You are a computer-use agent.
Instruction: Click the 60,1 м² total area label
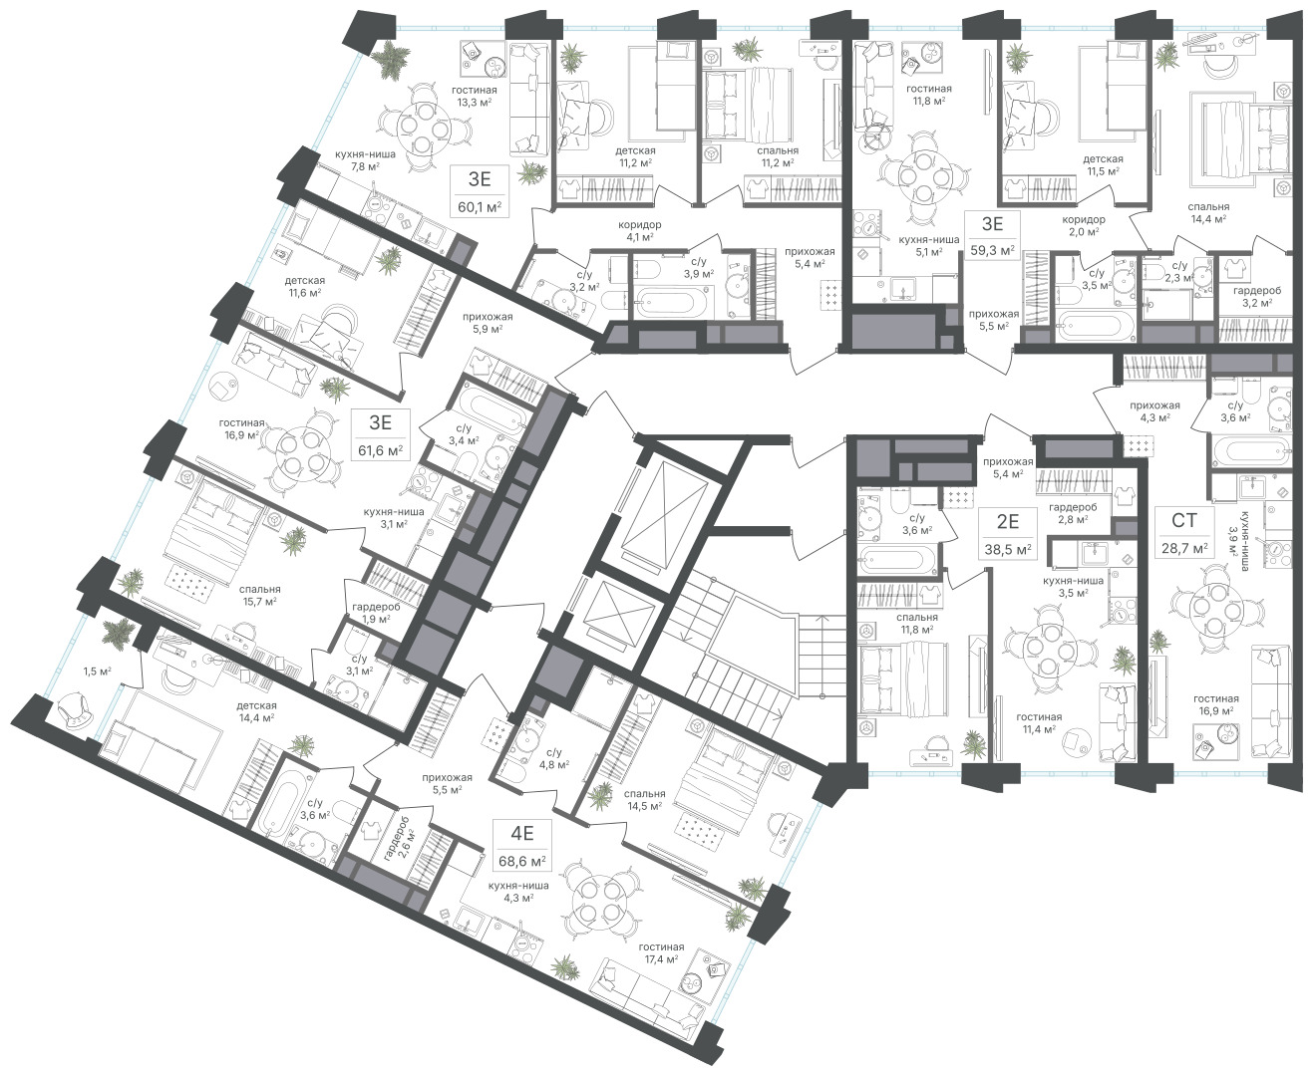pos(480,206)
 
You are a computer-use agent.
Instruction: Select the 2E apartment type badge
pos(1007,521)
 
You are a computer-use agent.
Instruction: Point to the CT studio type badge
pos(1183,520)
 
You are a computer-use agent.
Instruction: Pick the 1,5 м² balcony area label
pos(97,672)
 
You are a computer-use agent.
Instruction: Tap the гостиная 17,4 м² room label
pos(661,952)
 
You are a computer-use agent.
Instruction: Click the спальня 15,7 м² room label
pos(259,595)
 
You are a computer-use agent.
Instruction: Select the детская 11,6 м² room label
pos(304,286)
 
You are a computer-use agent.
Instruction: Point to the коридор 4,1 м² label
pos(639,230)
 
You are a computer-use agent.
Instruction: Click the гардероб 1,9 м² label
pos(376,613)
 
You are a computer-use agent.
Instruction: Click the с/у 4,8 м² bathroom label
pos(553,758)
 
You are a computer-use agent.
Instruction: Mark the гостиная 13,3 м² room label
pos(475,97)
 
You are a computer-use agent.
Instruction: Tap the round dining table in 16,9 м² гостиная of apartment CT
pos(1207,607)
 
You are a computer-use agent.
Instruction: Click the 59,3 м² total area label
pos(992,250)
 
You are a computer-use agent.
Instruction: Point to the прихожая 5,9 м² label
pos(487,323)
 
